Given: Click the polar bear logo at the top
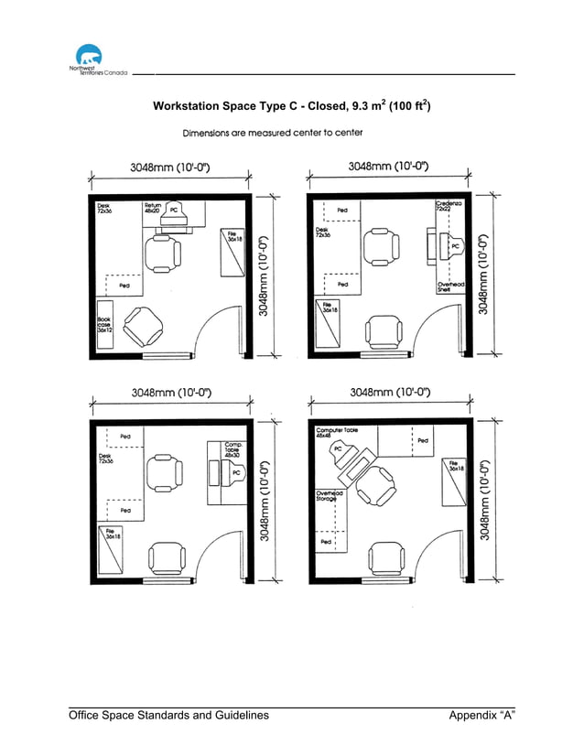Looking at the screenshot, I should tap(88, 57).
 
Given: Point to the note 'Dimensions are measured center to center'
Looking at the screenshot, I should tap(273, 133).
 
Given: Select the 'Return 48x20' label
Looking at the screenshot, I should tap(153, 209).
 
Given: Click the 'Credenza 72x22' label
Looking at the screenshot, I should tap(449, 207).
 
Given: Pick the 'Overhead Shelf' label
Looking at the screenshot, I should tap(449, 286).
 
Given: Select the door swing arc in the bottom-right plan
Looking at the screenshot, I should tap(435, 549).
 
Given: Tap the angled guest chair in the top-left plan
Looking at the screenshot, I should tap(143, 325).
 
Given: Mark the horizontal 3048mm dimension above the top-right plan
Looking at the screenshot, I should tap(389, 167).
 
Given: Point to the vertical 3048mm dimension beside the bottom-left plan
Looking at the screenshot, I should tap(265, 500).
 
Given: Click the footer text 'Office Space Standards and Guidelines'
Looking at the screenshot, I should tap(169, 715).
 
